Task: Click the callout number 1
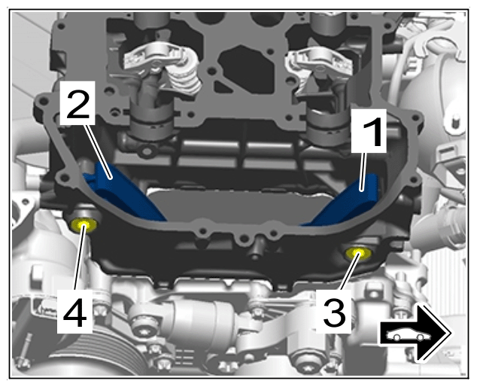coord(369,131)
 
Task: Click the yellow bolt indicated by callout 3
coord(358,253)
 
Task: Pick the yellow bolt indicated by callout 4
coord(83,224)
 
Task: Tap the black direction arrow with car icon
coord(415,334)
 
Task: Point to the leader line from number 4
coord(79,258)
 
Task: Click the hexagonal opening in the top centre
coord(242,66)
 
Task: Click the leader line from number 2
coord(98,151)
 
